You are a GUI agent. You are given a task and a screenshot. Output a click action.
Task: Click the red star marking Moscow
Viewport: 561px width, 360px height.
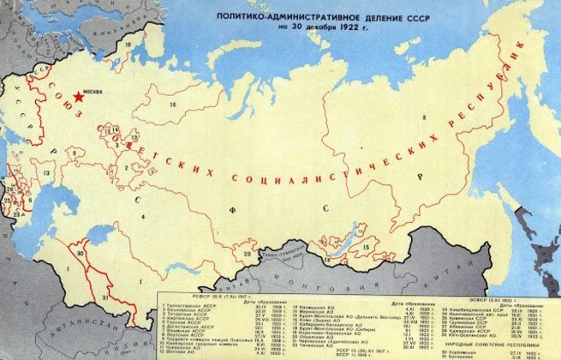(x=79, y=97)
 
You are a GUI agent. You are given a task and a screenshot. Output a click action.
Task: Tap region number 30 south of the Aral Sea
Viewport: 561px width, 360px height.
(x=82, y=254)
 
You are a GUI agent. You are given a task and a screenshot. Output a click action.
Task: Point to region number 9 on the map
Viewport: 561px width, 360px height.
(x=75, y=154)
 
